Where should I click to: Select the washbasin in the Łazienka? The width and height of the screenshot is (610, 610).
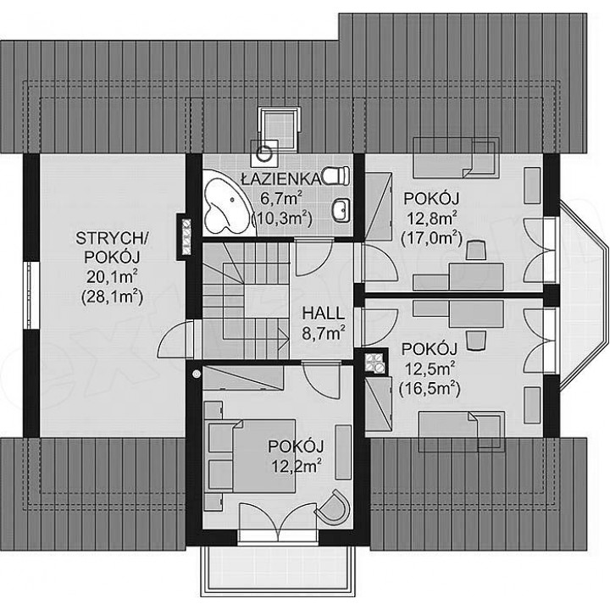(x=341, y=210)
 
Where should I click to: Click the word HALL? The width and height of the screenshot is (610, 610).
(x=324, y=313)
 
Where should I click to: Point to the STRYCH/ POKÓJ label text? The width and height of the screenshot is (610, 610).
(x=111, y=247)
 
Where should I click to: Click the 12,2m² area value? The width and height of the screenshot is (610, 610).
(x=297, y=466)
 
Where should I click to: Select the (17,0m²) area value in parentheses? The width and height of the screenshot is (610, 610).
(x=431, y=238)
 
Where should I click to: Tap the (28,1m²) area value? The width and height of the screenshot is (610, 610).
(x=112, y=297)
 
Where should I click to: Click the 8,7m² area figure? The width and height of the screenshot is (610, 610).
(x=324, y=333)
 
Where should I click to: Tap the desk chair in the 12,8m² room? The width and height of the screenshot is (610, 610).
(x=476, y=250)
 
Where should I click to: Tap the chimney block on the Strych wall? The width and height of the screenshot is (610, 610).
(x=184, y=238)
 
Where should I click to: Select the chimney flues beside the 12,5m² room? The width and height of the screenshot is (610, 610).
(x=375, y=361)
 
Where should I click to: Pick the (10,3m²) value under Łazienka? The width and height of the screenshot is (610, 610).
(x=282, y=219)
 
